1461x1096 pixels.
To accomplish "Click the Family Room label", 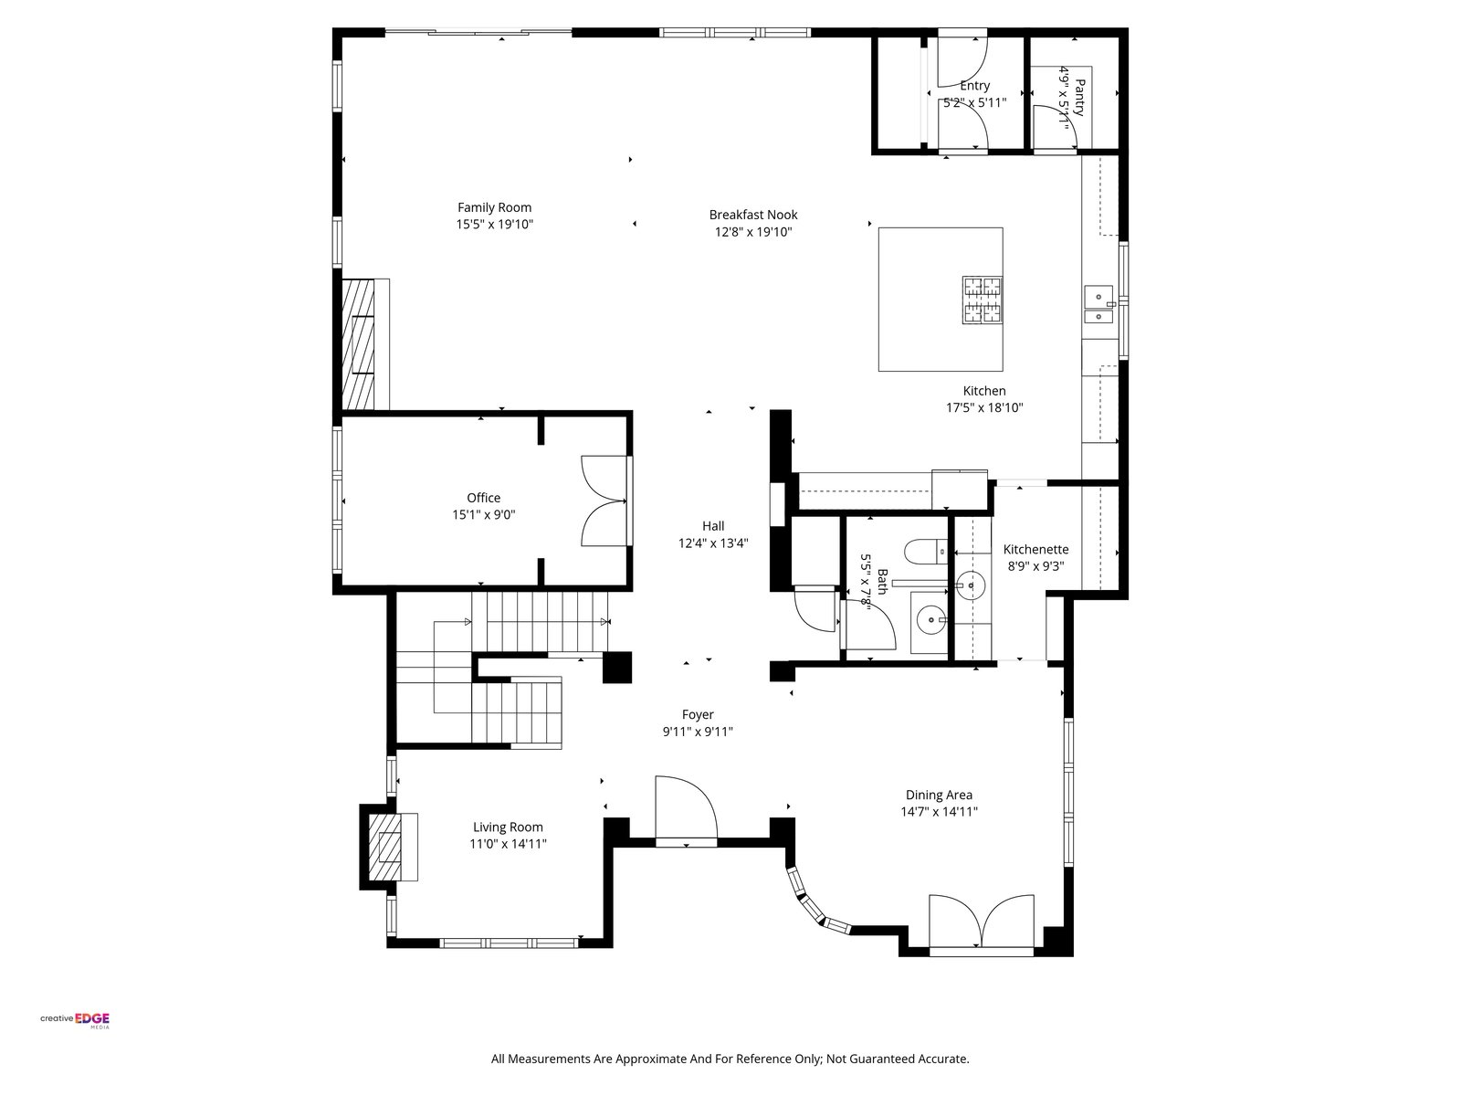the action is tap(494, 207).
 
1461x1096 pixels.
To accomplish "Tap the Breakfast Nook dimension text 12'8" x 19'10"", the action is tap(752, 232).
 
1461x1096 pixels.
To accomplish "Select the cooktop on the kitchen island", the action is tap(982, 300).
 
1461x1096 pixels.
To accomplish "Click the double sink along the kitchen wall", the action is tap(1098, 305).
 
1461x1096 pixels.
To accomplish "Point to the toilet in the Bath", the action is tap(925, 551).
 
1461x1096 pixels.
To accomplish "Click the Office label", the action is tap(483, 498).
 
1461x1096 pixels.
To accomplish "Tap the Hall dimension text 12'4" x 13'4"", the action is tap(713, 543).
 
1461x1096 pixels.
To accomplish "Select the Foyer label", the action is tap(698, 715).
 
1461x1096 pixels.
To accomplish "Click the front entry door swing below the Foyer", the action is tap(686, 810).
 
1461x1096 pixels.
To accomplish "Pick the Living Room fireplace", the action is tap(389, 847).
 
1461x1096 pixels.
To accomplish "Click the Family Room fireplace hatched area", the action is tap(358, 344).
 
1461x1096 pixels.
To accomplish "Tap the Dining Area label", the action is tap(939, 795).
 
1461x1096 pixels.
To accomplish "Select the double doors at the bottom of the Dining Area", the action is tap(981, 924).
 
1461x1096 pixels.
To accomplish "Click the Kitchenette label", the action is tap(1035, 550).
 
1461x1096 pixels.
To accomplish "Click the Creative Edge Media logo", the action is tap(75, 1020).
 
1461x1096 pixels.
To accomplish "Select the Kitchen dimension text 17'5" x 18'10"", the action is tap(984, 407).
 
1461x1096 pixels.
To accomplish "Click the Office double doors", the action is tap(604, 501).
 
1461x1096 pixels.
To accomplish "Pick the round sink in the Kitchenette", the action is tap(971, 585).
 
